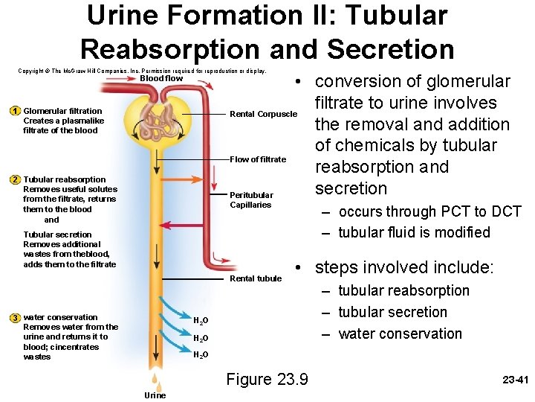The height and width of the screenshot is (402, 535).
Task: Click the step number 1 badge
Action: coord(15,111)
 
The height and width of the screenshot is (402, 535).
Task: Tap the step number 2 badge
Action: coord(15,179)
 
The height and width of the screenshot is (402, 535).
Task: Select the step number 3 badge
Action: coord(15,318)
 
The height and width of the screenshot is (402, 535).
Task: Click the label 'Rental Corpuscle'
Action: coord(263,115)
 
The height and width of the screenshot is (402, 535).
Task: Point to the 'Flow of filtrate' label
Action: coord(258,159)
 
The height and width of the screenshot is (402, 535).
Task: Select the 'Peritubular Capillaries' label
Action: coord(251,200)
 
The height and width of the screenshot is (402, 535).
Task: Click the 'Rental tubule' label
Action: coord(256,278)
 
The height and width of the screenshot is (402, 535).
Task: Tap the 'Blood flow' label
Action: coord(161,78)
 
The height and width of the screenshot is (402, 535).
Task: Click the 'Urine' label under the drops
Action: coord(155,395)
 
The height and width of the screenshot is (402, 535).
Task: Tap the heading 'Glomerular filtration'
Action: coord(63,111)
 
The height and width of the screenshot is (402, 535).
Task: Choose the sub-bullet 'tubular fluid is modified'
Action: coord(414,232)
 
